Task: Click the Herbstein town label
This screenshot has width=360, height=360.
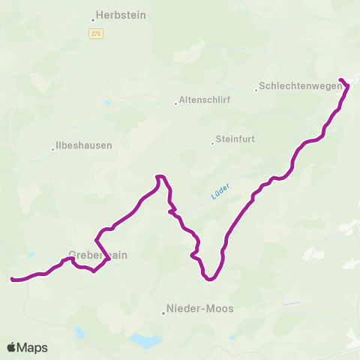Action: pos(121,15)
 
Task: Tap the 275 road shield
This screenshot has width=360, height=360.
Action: pos(95,33)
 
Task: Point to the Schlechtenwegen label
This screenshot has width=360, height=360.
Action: pos(301,86)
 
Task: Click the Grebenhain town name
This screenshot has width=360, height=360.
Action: pos(97,255)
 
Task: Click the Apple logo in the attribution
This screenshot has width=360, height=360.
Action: pos(12,347)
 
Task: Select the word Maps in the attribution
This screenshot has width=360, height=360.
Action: pos(33,347)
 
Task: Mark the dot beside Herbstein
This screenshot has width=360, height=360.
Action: pos(93,20)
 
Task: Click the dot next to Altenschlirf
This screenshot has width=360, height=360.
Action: pos(175,103)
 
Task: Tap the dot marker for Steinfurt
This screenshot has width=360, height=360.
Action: pos(212,142)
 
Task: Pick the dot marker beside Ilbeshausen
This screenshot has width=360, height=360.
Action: pos(52,149)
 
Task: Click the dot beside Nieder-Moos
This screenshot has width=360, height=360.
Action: pos(163,313)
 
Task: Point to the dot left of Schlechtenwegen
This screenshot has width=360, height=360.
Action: pos(256,90)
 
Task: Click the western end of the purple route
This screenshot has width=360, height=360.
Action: pos(13,280)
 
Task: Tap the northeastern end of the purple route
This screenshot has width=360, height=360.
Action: pos(341,79)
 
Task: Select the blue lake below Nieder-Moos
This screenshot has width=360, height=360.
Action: pos(145,341)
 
